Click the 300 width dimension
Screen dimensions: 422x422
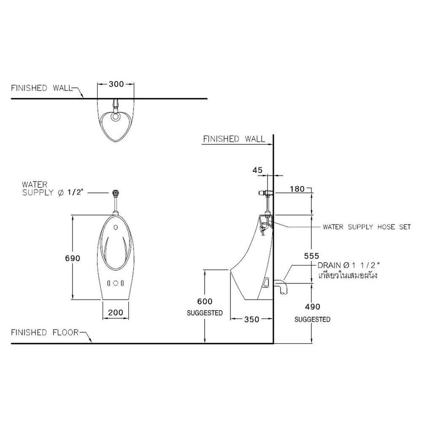(116, 84)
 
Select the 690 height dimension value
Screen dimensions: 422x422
(73, 258)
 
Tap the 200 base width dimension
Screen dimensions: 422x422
(116, 312)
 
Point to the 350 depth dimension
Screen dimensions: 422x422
(252, 319)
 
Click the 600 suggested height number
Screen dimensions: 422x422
(205, 301)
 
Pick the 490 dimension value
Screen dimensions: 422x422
(312, 306)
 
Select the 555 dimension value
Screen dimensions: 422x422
(312, 256)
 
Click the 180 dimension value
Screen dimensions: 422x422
(297, 189)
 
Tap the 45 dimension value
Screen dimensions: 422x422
(257, 170)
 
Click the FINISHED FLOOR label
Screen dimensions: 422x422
(45, 333)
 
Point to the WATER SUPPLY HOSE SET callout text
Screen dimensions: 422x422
(367, 227)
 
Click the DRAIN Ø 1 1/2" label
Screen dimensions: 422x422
(349, 265)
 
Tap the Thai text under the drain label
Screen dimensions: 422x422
(347, 275)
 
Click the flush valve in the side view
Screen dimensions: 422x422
(265, 193)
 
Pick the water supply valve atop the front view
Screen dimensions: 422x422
(116, 193)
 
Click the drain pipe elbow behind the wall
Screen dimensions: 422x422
(281, 287)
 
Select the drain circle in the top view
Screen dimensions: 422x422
(116, 116)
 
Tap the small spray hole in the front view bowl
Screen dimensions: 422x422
(116, 227)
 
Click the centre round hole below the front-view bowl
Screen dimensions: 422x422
(116, 283)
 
